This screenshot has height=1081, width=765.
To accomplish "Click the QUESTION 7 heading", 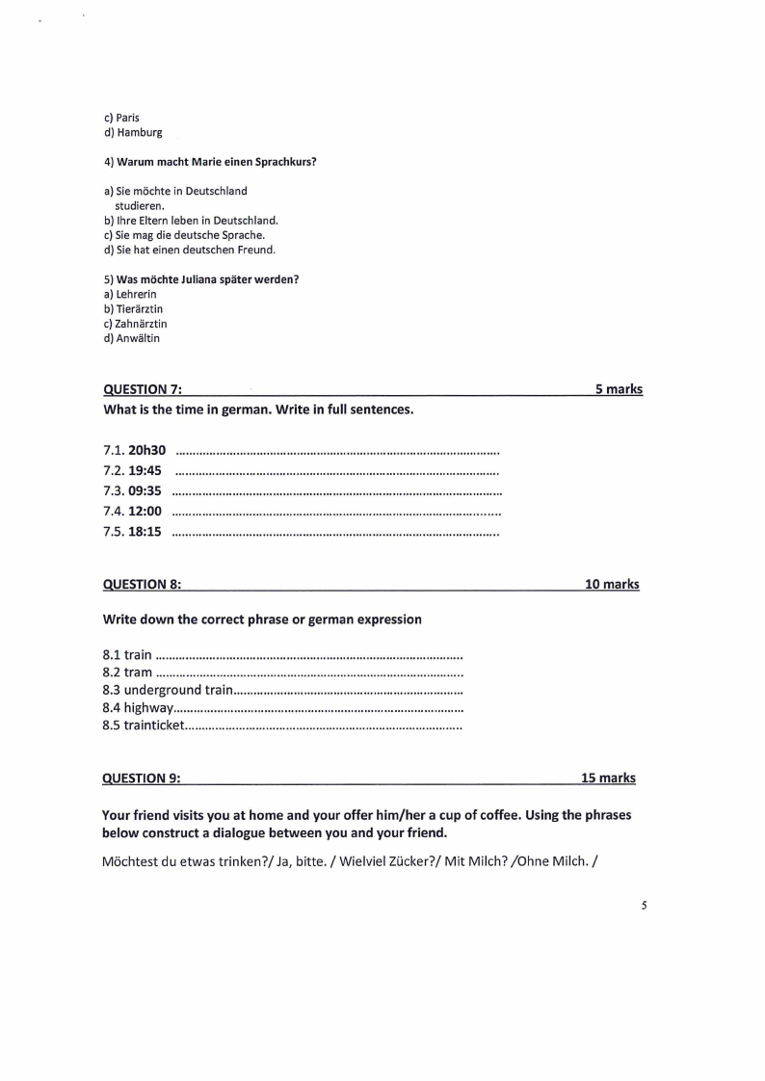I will [x=143, y=390].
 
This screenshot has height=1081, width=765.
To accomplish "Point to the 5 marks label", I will [x=619, y=390].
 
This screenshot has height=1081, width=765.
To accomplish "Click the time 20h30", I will [x=147, y=450].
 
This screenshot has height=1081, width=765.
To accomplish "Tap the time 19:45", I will [x=145, y=471].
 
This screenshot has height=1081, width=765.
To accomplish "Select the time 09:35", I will [x=145, y=491].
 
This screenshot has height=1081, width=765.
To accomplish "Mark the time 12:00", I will [x=145, y=512].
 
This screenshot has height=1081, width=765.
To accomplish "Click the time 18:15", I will [x=145, y=532].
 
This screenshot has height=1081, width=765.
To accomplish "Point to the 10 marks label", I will [x=612, y=585].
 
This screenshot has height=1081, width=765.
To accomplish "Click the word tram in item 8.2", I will [x=138, y=672].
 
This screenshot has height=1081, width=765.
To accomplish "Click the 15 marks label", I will [x=608, y=778].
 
